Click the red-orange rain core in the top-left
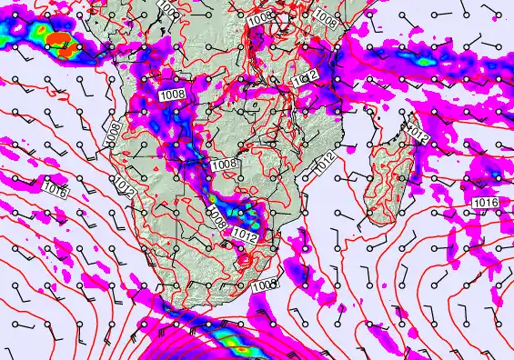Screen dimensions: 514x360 pyautogui.click(x=60, y=41)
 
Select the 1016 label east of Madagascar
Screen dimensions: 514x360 pyautogui.click(x=486, y=202)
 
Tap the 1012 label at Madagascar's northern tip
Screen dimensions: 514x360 pyautogui.click(x=418, y=135)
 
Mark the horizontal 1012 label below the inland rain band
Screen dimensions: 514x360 pyautogui.click(x=242, y=235)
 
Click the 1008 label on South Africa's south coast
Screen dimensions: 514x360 pyautogui.click(x=263, y=285)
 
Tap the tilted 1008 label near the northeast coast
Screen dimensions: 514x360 pyautogui.click(x=325, y=16)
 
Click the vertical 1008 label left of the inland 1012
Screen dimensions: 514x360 pyautogui.click(x=217, y=218)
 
